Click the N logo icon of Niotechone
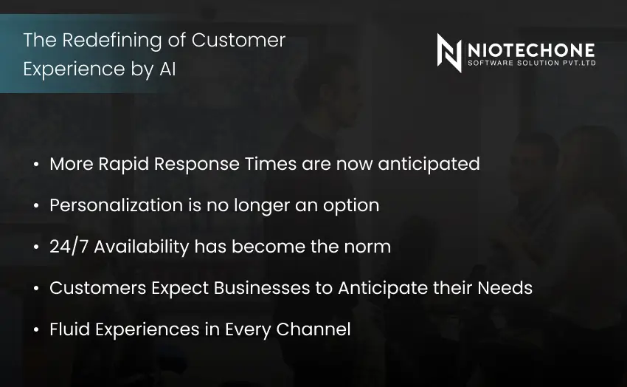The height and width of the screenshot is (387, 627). click(449, 53)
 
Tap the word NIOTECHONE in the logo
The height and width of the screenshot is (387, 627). click(531, 49)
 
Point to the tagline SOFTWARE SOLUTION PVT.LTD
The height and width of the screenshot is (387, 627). click(531, 64)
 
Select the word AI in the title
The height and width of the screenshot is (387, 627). click(167, 69)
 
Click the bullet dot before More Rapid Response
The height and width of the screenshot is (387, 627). click(36, 165)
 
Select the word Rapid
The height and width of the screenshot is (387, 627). click(125, 164)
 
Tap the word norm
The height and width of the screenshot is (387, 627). click(366, 246)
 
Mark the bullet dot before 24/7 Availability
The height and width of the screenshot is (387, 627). click(36, 247)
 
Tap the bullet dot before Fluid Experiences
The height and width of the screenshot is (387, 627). click(36, 330)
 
